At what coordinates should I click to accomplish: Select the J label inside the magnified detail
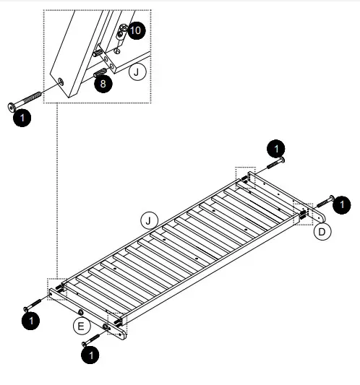coord(137,72)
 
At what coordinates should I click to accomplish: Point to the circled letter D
coord(322,231)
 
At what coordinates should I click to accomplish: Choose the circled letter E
coord(82,326)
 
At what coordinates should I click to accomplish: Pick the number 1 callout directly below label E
coord(90,355)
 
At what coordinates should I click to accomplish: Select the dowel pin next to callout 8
coord(100,72)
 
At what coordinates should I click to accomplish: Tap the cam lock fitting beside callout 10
coord(122,30)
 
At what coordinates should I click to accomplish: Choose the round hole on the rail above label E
coord(81,312)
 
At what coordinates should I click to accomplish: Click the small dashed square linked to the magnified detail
coord(56,287)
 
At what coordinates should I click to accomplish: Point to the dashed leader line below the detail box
coord(56,195)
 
